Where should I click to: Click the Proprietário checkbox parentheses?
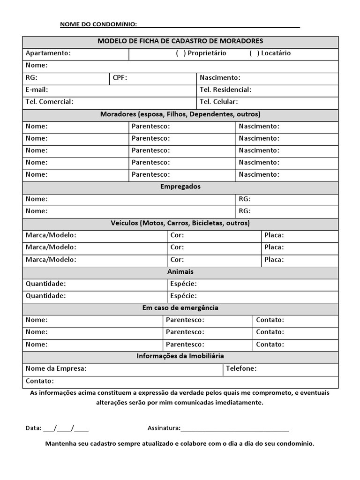180,53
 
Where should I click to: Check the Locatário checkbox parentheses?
254,53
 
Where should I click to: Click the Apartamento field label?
48,53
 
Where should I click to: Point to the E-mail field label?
37,90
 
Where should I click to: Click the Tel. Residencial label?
225,90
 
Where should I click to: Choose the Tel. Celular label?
218,102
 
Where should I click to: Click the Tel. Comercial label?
49,102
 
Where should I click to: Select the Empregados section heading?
180,187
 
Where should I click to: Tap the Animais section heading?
180,272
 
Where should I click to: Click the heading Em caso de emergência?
180,308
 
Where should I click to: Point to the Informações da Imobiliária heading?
180,356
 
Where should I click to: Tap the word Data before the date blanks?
33,428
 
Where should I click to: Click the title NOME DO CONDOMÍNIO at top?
98,24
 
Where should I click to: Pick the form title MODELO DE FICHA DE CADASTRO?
180,41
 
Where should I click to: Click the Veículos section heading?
180,223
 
